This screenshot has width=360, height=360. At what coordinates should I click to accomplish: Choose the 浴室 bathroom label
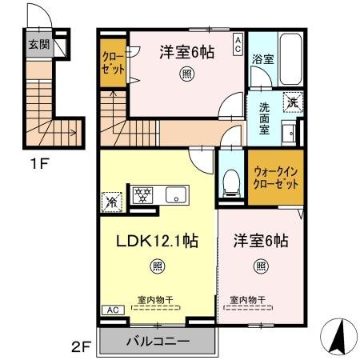click(x=263, y=58)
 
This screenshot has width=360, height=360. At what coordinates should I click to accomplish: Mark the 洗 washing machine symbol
click(x=294, y=102)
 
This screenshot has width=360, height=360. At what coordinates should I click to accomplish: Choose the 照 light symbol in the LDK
click(x=158, y=265)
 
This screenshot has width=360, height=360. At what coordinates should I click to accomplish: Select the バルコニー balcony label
click(x=158, y=341)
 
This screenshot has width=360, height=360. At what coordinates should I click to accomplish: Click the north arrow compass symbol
click(x=338, y=334)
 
